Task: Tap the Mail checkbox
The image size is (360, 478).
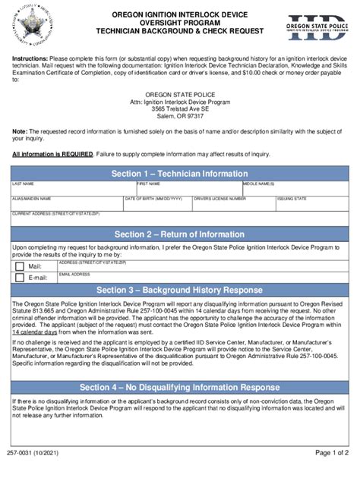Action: click(x=20, y=266)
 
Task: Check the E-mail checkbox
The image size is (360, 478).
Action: click(x=20, y=278)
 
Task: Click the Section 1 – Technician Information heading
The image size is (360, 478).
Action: click(x=179, y=174)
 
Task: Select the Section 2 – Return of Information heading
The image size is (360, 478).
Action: click(x=179, y=234)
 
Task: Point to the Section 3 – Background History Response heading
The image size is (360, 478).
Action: click(x=179, y=291)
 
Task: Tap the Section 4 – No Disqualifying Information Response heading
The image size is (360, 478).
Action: click(x=179, y=387)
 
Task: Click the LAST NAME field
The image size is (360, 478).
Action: click(x=72, y=190)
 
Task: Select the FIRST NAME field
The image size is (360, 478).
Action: click(x=188, y=190)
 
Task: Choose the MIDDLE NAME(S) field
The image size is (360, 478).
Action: click(x=295, y=190)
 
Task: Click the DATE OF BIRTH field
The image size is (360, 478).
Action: click(x=156, y=205)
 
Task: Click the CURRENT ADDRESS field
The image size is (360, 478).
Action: click(x=179, y=220)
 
